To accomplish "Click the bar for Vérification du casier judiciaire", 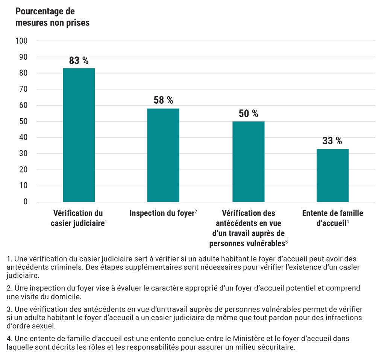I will [79, 135].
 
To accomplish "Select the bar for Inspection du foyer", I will [163, 155].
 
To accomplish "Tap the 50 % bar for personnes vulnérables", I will [248, 162].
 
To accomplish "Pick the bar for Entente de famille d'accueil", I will [332, 175].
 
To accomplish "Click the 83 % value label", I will [79, 61].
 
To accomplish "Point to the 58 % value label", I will [163, 100].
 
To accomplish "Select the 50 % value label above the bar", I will [248, 113].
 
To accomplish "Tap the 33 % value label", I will [332, 141].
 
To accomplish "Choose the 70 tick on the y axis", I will [23, 89].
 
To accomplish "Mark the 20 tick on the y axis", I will [23, 169].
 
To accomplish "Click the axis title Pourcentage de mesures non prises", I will [52, 17].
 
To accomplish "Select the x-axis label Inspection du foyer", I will [162, 213].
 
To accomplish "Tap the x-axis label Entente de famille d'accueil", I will [332, 218].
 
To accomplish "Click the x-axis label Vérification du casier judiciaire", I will [78, 218].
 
